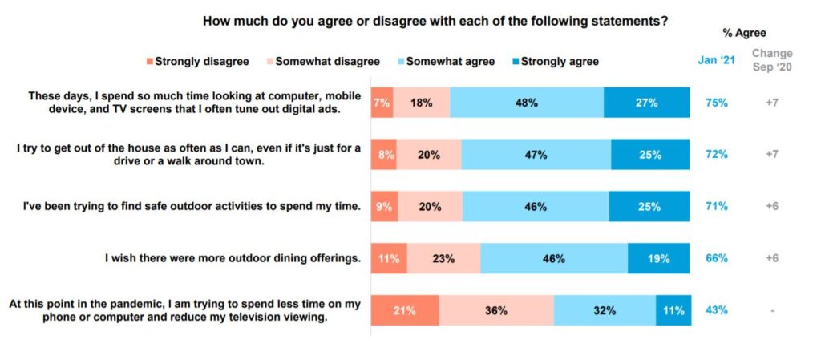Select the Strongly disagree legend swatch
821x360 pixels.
tap(149, 61)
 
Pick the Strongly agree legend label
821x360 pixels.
tap(560, 61)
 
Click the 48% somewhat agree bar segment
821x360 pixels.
tap(526, 102)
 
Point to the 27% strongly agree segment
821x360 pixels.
tap(646, 102)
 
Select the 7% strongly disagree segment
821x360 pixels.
tap(382, 102)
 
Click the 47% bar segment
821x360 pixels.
tap(536, 155)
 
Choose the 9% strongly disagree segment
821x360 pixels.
tap(384, 206)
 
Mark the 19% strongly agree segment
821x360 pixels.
tap(658, 258)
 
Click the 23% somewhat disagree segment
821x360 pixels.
tap(443, 258)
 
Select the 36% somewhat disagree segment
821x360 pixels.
tap(496, 310)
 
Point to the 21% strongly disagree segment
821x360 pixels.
tap(404, 310)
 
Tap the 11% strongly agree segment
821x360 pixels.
tap(673, 310)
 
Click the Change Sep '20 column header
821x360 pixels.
tap(771, 60)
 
